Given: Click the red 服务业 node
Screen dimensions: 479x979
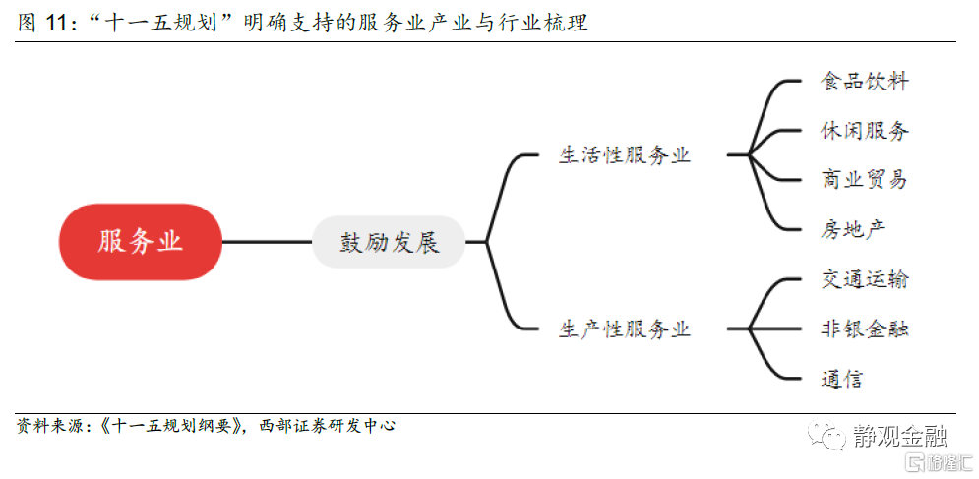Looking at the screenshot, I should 141,242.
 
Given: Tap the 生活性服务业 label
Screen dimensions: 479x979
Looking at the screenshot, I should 625,155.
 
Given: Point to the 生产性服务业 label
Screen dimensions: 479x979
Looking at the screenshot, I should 625,329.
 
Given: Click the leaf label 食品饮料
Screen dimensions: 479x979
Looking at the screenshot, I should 865,82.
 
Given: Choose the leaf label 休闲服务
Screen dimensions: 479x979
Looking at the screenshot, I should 865,131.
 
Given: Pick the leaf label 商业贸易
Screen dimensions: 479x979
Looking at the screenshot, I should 865,180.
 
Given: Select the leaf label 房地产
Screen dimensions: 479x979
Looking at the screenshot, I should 853,229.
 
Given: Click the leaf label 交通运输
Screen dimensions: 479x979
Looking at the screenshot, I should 865,280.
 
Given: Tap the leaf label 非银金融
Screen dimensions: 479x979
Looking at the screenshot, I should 865,329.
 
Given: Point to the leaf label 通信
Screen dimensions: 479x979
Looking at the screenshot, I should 842,379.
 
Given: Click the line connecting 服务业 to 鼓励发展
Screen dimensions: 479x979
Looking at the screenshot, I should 267,242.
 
